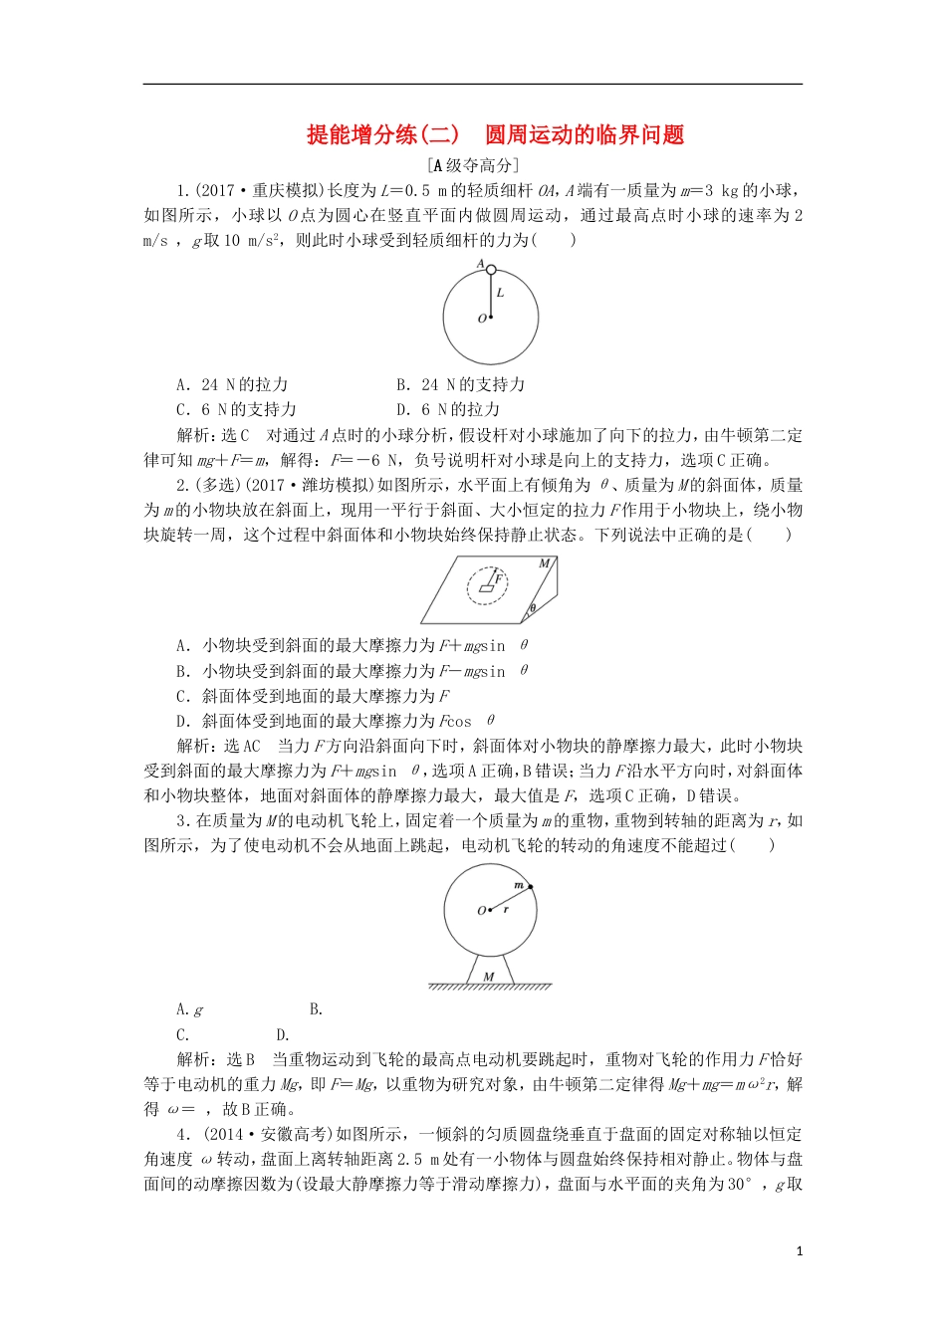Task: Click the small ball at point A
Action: coord(491,270)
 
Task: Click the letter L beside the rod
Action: coord(500,293)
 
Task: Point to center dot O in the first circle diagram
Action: coord(491,318)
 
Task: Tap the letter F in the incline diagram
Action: coord(499,577)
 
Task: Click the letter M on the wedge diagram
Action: coord(544,564)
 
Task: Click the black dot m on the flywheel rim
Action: coord(530,886)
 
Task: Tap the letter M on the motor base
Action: coord(488,977)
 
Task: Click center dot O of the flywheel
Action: coord(491,910)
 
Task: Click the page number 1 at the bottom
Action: coord(800,1251)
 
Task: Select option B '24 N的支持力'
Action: coord(460,384)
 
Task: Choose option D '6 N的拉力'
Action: coord(447,409)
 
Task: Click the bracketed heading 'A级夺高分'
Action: coord(472,166)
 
